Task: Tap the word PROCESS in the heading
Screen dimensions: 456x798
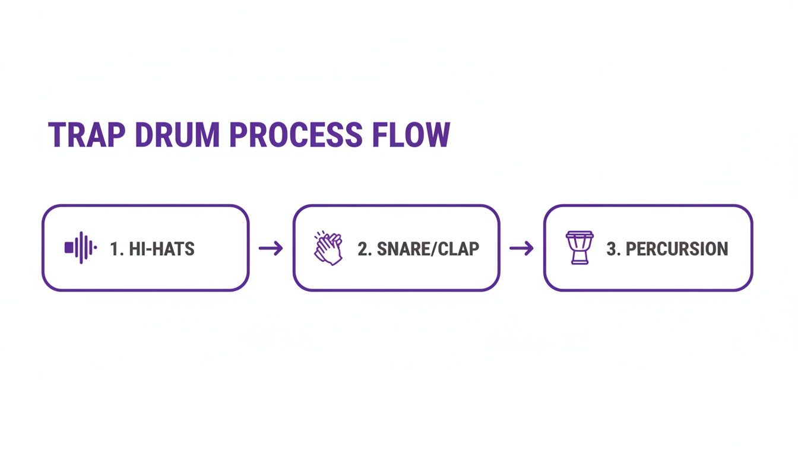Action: (x=295, y=135)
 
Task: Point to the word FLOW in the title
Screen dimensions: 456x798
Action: (x=411, y=135)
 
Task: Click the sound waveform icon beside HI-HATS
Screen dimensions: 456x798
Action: (x=81, y=248)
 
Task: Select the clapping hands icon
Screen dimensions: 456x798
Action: (x=328, y=248)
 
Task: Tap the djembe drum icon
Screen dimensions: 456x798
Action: (x=579, y=248)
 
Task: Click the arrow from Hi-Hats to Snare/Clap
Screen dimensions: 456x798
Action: (x=271, y=248)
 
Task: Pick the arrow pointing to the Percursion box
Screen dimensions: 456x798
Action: (x=522, y=248)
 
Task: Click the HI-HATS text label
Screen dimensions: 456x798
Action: (x=161, y=249)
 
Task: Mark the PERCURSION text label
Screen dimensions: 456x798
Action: (x=677, y=249)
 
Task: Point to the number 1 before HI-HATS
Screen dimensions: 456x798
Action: (x=114, y=249)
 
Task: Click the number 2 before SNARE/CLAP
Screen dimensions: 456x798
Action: (x=363, y=249)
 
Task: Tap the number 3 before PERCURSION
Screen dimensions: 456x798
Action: (x=612, y=249)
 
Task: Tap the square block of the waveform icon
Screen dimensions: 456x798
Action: (x=69, y=248)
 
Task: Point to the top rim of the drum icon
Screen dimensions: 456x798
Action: (x=579, y=235)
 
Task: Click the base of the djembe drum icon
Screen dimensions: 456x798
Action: (x=579, y=261)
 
